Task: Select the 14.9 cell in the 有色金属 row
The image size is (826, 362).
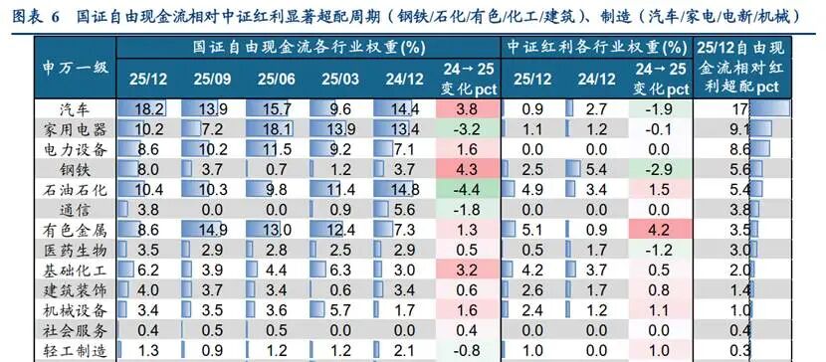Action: pos(213,229)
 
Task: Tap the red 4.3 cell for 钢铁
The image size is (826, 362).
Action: pos(467,169)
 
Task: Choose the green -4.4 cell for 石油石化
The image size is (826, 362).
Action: pos(467,189)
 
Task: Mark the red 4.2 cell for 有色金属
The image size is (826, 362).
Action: pos(657,229)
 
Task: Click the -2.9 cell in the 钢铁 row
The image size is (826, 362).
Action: pos(657,169)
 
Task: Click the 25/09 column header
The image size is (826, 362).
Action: pos(213,78)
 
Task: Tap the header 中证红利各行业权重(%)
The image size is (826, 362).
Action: pos(595,48)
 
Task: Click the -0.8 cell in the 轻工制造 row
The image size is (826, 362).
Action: pos(467,349)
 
